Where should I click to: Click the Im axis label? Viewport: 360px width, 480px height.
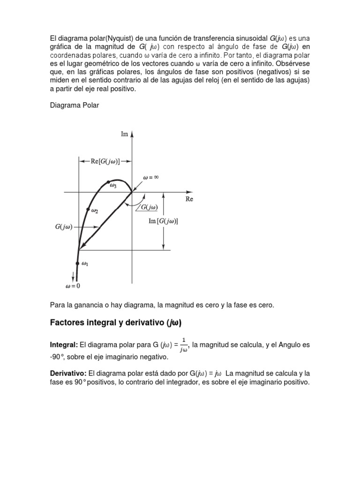124,134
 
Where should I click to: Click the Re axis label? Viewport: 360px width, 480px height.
189,199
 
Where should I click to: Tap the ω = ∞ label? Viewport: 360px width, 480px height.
153,178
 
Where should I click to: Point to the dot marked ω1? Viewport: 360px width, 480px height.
77,263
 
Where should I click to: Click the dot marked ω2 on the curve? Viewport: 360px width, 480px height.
88,210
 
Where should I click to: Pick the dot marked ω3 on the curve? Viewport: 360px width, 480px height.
108,182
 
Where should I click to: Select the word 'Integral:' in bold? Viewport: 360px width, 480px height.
64,345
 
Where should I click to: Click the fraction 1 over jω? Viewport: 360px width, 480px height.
184,345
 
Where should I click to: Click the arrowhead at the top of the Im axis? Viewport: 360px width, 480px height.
132,134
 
